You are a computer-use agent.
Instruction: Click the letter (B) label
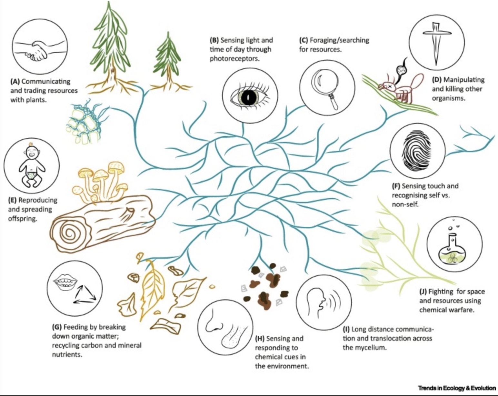214,40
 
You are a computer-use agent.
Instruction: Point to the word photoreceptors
234,59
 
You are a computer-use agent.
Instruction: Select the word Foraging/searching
339,40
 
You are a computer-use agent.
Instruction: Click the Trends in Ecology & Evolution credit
456,388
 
